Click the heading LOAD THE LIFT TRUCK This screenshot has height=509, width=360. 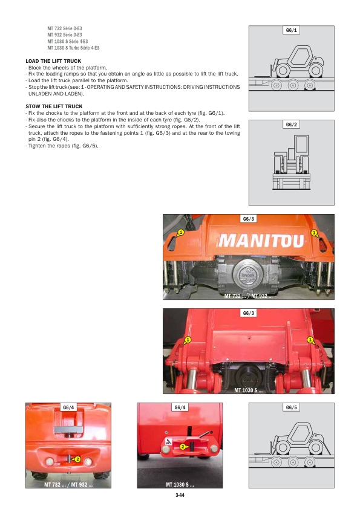pyautogui.click(x=53, y=61)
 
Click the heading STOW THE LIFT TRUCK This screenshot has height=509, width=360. pyautogui.click(x=54, y=106)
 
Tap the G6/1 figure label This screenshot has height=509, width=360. pyautogui.click(x=292, y=30)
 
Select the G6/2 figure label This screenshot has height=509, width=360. pyautogui.click(x=292, y=125)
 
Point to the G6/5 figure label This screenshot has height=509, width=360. pyautogui.click(x=292, y=407)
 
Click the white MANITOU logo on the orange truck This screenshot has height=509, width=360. pyautogui.click(x=261, y=241)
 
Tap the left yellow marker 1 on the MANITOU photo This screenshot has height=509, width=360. pyautogui.click(x=181, y=232)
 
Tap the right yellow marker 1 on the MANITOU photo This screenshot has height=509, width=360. pyautogui.click(x=314, y=233)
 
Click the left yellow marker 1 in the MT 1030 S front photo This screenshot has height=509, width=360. pyautogui.click(x=188, y=340)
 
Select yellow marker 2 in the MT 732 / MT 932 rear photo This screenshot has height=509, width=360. pyautogui.click(x=77, y=459)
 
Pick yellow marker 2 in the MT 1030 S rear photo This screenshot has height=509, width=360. pyautogui.click(x=183, y=447)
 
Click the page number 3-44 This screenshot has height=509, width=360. pyautogui.click(x=180, y=495)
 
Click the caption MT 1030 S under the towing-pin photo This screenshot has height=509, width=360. pyautogui.click(x=180, y=485)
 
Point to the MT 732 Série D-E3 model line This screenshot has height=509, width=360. pyautogui.click(x=65, y=28)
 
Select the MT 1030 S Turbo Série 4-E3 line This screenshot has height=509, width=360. pyautogui.click(x=73, y=48)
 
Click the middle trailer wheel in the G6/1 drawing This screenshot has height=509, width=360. pyautogui.click(x=293, y=85)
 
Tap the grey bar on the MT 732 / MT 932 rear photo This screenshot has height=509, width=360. pyautogui.click(x=68, y=429)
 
